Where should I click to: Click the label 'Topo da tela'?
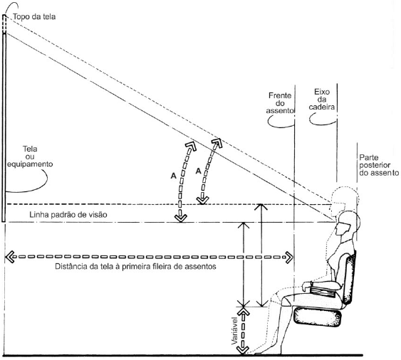(x=34, y=17)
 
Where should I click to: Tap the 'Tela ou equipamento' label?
(x=30, y=157)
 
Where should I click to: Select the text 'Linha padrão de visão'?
(x=68, y=215)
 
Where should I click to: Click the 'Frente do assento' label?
(x=281, y=103)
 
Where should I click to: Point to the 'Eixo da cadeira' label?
(x=322, y=99)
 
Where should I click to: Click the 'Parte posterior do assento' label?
(x=379, y=165)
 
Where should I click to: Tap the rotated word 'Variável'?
(x=235, y=331)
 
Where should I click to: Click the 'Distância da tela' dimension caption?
(x=135, y=267)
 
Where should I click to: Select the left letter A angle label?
(x=173, y=176)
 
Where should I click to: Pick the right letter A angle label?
(x=199, y=171)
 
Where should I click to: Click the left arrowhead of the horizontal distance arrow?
(x=9, y=257)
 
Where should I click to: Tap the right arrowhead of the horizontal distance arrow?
(x=289, y=257)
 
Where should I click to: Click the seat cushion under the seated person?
(x=318, y=317)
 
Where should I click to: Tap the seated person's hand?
(x=307, y=285)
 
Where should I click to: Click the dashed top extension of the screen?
(x=4, y=23)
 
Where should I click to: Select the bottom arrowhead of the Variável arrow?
(x=243, y=350)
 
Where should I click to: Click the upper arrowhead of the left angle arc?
(x=191, y=146)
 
